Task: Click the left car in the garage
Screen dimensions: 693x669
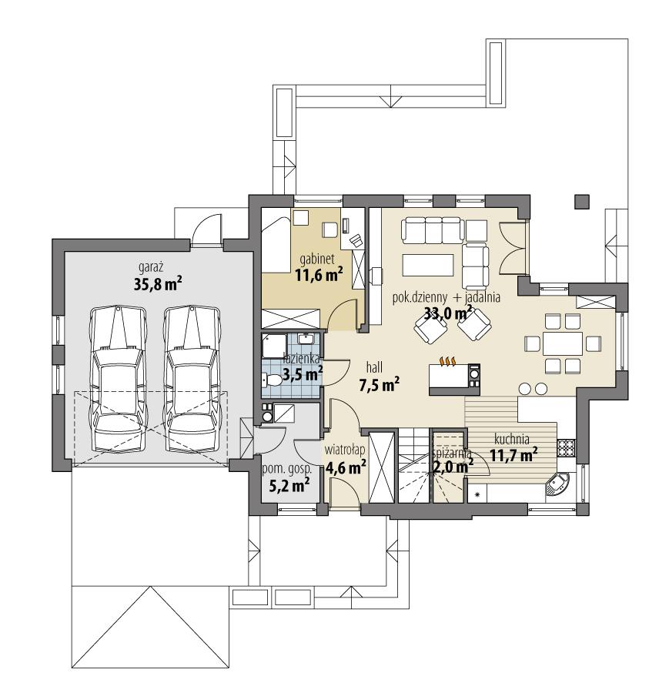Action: point(117,381)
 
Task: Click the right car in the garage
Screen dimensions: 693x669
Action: point(190,381)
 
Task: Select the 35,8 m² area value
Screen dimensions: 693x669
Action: point(156,283)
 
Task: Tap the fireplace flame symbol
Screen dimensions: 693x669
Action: point(448,360)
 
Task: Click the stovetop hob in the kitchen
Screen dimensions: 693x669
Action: point(567,447)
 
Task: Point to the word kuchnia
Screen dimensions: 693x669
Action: point(511,440)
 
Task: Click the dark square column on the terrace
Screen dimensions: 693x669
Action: point(580,202)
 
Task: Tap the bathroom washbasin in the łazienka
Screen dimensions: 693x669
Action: point(306,338)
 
